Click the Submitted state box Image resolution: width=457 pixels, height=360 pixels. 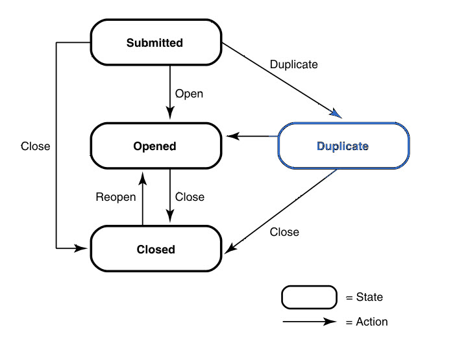tap(156, 42)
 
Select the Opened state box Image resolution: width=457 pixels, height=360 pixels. tap(156, 146)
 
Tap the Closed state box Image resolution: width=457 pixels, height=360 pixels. tap(156, 249)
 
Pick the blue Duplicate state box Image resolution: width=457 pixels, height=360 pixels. tap(343, 146)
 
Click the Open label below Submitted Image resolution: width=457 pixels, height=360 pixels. tap(189, 94)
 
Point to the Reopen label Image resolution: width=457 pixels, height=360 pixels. tap(116, 197)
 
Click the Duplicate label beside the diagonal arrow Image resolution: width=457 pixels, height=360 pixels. tap(294, 64)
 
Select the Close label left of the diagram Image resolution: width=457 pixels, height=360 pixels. tap(36, 146)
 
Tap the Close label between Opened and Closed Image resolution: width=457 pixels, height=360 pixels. tap(190, 197)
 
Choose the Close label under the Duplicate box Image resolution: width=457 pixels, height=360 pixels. tap(284, 232)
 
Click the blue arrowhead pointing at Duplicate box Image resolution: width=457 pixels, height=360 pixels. tap(336, 114)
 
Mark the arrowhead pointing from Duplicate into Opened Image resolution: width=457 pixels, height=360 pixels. tap(232, 136)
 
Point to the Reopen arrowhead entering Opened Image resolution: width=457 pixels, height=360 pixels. tap(143, 178)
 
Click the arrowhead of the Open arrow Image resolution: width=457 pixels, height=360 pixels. tap(170, 113)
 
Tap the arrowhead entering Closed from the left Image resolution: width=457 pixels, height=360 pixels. tap(80, 248)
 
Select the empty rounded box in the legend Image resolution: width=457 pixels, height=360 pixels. tap(309, 297)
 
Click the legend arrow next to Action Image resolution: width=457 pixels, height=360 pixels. tap(310, 322)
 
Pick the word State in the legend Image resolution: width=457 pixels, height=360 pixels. tap(369, 297)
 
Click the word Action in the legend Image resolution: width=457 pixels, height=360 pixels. tap(372, 322)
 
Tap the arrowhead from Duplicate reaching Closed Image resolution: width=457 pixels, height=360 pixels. tap(230, 248)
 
